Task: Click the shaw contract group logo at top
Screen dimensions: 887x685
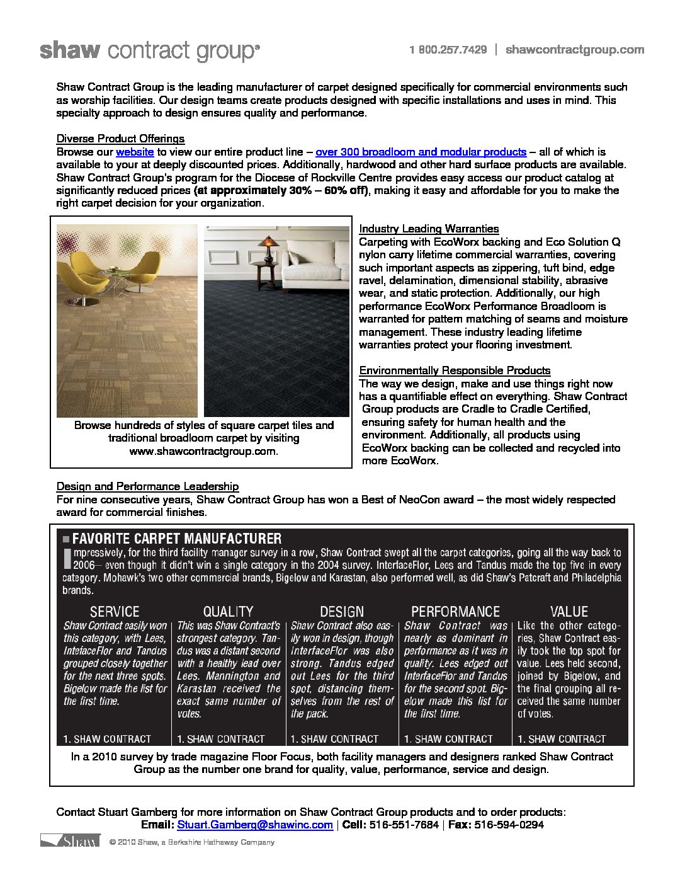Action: tap(149, 51)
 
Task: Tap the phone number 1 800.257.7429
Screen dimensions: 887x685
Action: tap(448, 50)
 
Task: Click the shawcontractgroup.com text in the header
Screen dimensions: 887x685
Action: tap(574, 50)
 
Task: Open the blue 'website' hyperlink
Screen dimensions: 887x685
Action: tap(135, 152)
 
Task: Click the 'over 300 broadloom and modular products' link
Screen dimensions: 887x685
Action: tap(421, 152)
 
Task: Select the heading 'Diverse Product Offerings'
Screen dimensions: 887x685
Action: tap(120, 139)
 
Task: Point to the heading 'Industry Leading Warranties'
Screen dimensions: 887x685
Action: tap(428, 229)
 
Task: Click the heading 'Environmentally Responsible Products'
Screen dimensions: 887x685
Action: tap(455, 370)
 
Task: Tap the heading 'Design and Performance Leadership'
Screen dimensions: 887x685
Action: tap(147, 486)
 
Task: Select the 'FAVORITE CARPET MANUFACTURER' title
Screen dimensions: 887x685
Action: tap(177, 539)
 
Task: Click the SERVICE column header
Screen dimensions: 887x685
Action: tap(115, 612)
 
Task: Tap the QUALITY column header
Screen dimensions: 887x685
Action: tap(228, 612)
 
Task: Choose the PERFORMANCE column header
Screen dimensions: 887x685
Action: tap(455, 612)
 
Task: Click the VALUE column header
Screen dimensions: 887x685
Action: tap(569, 612)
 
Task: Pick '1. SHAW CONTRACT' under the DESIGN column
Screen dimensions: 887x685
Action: tap(334, 739)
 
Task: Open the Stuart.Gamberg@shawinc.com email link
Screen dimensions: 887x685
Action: tap(255, 825)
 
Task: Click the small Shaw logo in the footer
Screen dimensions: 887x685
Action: tap(70, 842)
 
